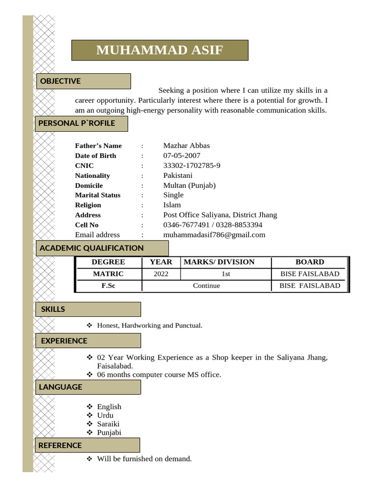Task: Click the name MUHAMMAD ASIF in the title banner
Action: [159, 50]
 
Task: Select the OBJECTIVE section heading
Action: [60, 81]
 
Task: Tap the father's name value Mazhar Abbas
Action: [186, 146]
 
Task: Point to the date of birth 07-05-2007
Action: [182, 156]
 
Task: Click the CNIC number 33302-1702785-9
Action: [192, 166]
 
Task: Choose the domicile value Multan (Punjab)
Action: [189, 185]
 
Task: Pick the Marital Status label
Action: [97, 195]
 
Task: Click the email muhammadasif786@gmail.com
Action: [214, 234]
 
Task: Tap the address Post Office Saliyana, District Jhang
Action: [220, 215]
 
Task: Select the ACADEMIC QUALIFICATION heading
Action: [91, 248]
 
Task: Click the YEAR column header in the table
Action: [161, 262]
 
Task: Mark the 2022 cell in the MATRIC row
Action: [161, 274]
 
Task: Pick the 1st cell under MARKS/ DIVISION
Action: [226, 274]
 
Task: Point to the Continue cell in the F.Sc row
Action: [206, 286]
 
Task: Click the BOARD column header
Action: [310, 262]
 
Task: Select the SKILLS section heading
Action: [53, 309]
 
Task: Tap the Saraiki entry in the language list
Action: [108, 424]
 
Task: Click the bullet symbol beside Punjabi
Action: [89, 432]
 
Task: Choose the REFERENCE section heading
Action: [60, 445]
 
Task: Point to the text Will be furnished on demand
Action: [144, 459]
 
